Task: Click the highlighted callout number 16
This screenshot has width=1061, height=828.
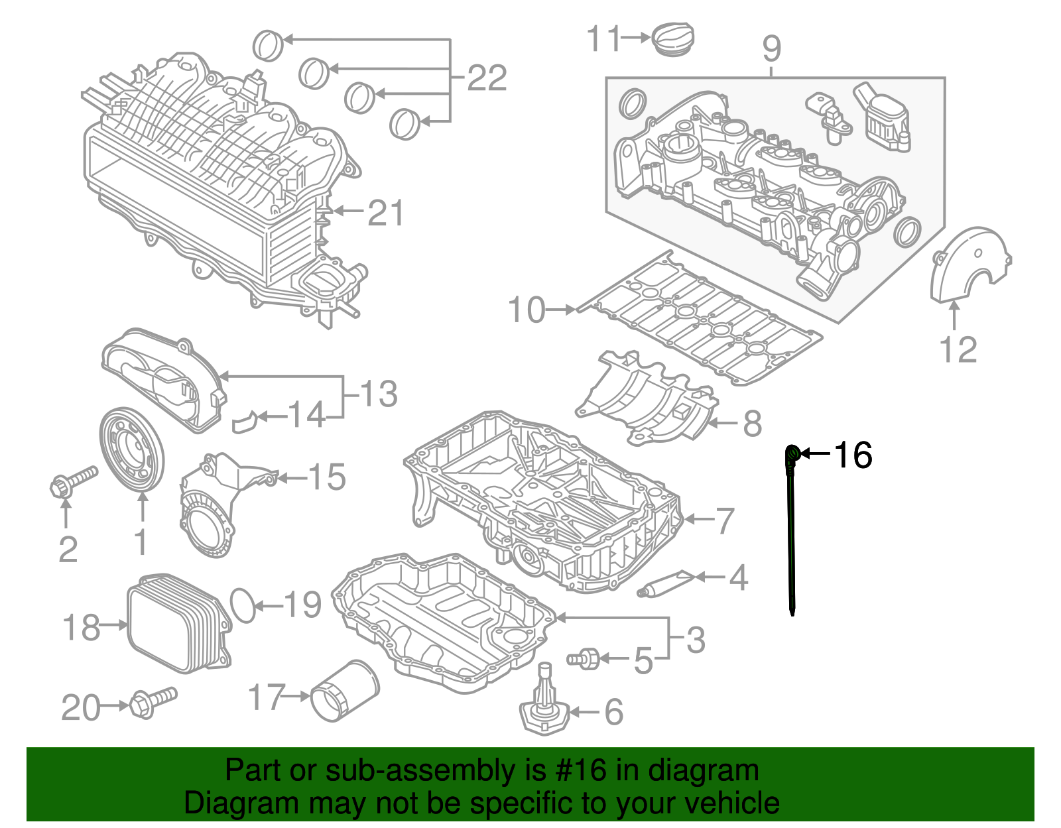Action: tap(853, 455)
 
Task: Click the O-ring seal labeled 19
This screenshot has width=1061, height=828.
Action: tap(243, 605)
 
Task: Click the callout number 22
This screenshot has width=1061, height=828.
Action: tap(487, 78)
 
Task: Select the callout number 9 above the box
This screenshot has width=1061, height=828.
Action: tap(772, 48)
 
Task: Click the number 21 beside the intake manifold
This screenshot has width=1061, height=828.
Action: tap(386, 213)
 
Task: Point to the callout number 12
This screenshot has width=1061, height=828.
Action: tap(958, 349)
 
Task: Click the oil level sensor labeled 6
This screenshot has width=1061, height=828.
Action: tap(544, 707)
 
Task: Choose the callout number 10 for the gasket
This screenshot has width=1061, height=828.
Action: tap(527, 310)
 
